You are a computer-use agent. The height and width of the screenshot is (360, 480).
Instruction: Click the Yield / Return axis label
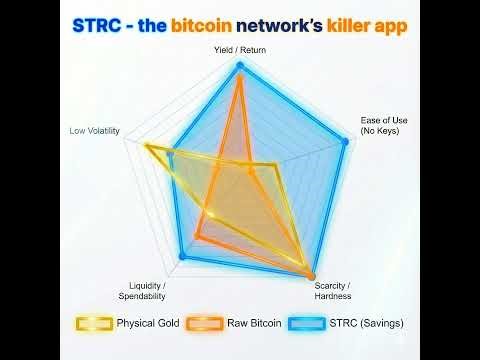[x=240, y=49]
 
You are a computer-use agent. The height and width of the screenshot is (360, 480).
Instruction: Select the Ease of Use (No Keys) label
[x=384, y=126]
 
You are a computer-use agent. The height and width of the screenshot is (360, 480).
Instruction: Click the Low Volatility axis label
[x=95, y=131]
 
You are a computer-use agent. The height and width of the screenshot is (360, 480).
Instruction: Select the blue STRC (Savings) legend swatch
[x=307, y=323]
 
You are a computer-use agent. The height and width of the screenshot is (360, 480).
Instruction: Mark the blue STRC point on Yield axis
[x=240, y=66]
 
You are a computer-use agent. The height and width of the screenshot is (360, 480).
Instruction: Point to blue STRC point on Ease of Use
[x=345, y=143]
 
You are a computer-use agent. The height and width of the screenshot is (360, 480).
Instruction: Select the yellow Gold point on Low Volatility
[x=147, y=147]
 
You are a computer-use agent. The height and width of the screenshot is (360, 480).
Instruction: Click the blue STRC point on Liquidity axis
[x=182, y=257]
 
